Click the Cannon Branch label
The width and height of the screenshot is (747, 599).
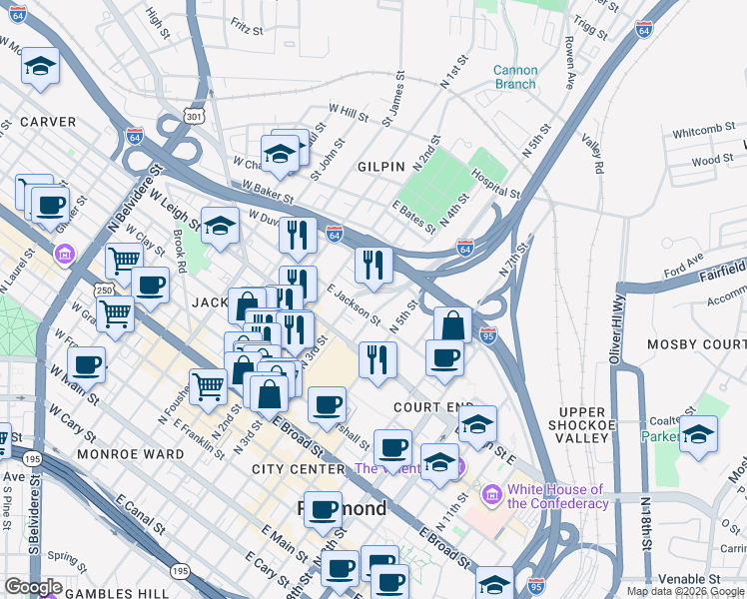click(515, 77)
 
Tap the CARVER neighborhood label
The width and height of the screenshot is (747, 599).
click(48, 122)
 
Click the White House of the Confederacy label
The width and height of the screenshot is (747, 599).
click(557, 496)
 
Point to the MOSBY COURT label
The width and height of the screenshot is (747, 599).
click(696, 344)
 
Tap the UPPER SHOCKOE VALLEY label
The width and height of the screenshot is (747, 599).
click(582, 424)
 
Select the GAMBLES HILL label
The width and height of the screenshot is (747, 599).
click(126, 593)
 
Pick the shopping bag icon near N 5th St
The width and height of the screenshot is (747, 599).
click(452, 325)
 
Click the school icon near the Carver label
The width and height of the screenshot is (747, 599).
click(41, 66)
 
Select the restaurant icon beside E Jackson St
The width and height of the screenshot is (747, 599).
click(373, 265)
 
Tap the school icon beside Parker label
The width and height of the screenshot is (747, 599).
click(697, 434)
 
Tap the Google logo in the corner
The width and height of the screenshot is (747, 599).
click(33, 587)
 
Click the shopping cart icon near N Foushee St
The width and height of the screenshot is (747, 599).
click(208, 384)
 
